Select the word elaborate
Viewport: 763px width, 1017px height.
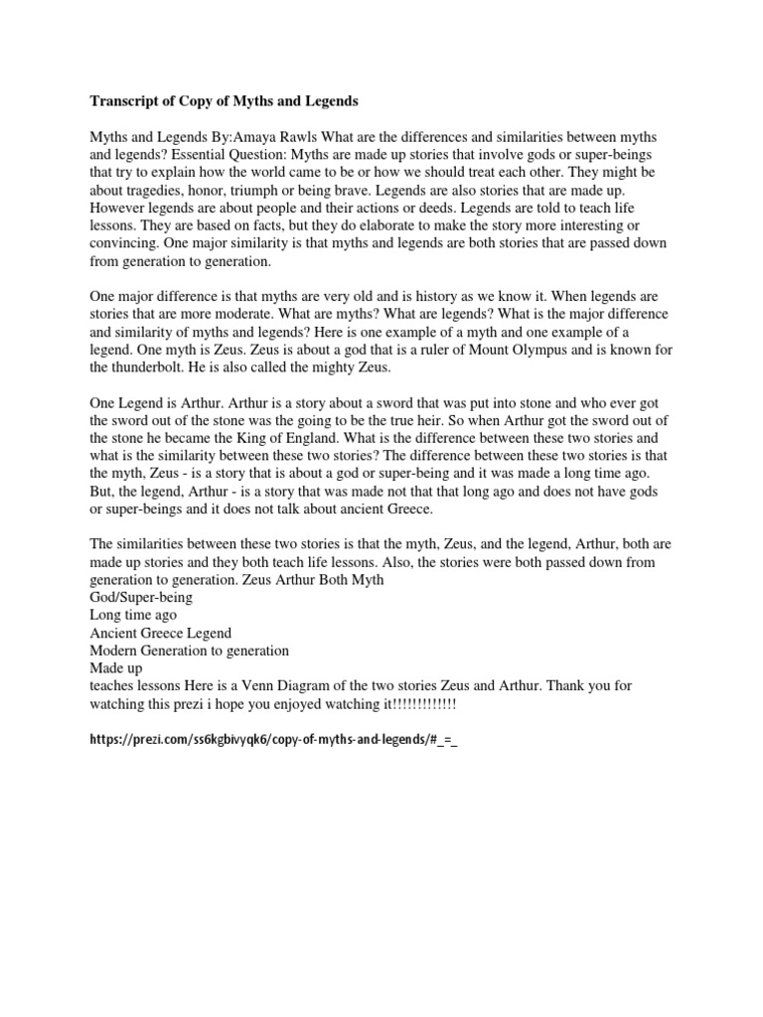click(401, 225)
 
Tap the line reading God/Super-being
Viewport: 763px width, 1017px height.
click(141, 598)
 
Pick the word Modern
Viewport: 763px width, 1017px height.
click(115, 652)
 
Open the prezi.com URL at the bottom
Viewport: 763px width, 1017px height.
click(273, 741)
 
